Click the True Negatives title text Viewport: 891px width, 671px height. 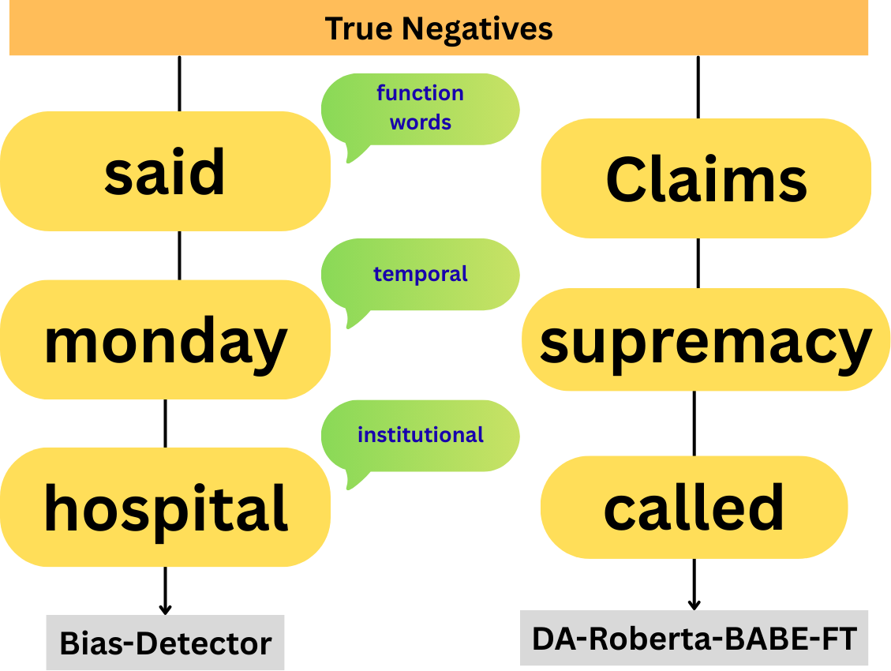click(439, 29)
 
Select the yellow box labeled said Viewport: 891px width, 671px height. click(165, 172)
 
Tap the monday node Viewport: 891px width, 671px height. click(165, 340)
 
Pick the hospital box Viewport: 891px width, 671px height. click(165, 507)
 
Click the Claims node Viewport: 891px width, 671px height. click(706, 178)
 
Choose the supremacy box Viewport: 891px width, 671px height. click(706, 340)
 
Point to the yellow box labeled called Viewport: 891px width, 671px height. click(694, 507)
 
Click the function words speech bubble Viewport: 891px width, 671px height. click(421, 109)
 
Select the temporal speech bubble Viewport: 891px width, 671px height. click(421, 275)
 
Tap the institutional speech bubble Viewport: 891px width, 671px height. click(421, 435)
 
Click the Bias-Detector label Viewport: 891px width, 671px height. click(165, 643)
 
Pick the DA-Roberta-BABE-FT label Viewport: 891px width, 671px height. click(694, 638)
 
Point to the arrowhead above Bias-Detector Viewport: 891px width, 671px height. click(165, 609)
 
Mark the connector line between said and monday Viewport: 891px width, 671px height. click(179, 255)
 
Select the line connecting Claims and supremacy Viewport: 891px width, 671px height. click(698, 263)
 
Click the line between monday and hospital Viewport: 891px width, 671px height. click(165, 423)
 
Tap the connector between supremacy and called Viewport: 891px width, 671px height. click(694, 423)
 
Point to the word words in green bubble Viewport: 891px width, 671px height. click(421, 123)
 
